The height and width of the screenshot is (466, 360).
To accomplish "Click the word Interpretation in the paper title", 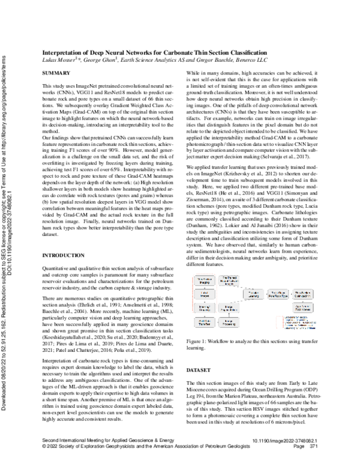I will coord(62,53).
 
